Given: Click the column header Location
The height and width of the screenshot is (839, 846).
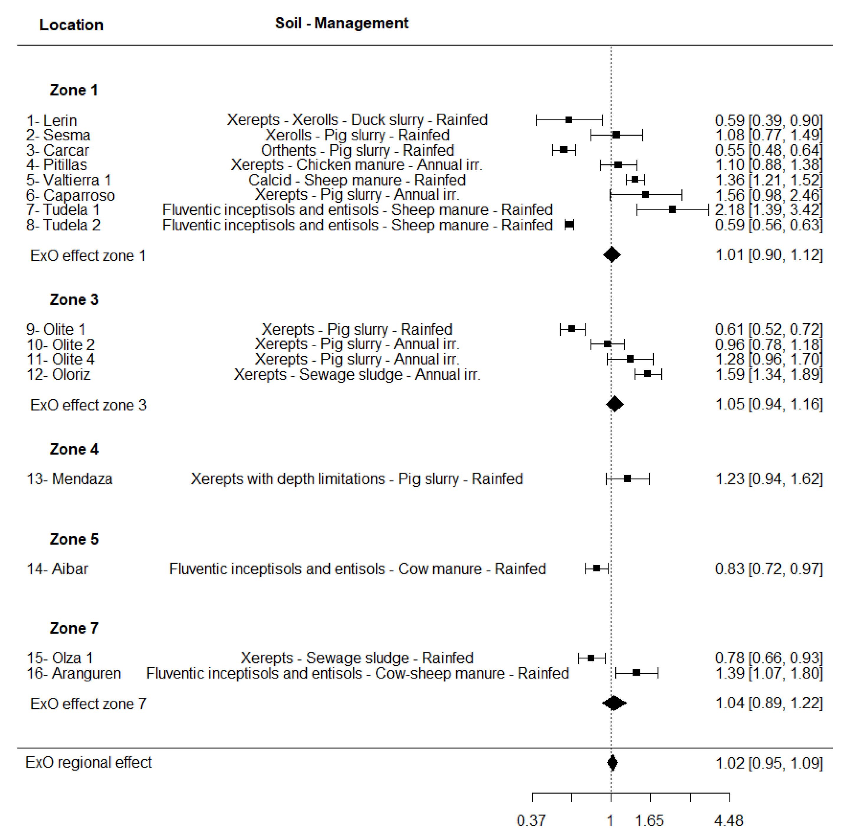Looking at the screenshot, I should [x=71, y=25].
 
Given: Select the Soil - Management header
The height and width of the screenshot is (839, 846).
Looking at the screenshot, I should [x=342, y=23].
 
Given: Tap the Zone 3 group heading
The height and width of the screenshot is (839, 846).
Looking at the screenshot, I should [x=74, y=300].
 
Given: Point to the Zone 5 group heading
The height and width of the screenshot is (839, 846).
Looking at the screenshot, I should [x=74, y=539].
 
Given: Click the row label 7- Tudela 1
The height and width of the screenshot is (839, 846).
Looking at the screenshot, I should [x=63, y=210].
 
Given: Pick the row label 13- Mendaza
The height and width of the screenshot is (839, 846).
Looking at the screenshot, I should [x=70, y=479].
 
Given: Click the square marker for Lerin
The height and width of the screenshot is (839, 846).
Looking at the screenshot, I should [x=569, y=120].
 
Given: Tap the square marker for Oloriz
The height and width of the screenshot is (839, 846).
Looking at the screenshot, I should [x=647, y=374].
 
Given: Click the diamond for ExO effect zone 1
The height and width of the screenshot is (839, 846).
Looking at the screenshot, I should [x=612, y=255].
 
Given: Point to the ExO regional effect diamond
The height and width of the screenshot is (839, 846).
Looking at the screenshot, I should [x=612, y=763].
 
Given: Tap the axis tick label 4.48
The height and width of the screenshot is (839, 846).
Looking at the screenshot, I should [x=729, y=821].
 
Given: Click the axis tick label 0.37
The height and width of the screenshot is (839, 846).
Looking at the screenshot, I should [x=531, y=821].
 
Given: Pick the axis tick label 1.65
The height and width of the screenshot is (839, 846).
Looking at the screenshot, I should [x=649, y=821].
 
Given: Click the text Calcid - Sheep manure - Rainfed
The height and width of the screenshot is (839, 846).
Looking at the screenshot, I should [x=357, y=180].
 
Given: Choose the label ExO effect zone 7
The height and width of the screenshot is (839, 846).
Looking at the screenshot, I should [x=88, y=704].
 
